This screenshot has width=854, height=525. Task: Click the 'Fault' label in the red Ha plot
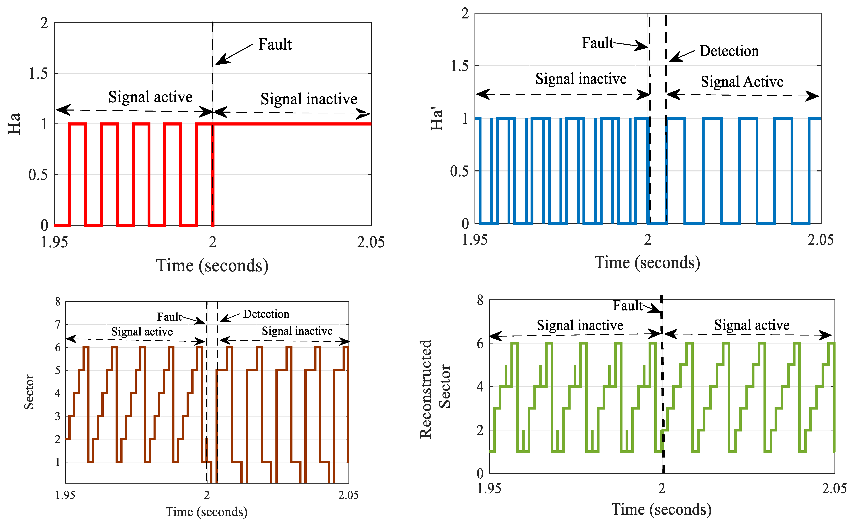point(275,45)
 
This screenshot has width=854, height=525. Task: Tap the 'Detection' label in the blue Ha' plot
point(729,51)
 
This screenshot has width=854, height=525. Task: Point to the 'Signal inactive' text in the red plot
point(309,99)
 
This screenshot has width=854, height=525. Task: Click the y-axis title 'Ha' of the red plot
point(14,124)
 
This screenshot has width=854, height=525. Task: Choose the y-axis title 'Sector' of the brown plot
point(29,392)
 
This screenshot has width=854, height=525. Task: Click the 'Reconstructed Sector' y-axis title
point(435,389)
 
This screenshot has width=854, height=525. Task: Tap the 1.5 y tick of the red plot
point(38,74)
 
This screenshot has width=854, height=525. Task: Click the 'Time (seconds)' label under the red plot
point(212,266)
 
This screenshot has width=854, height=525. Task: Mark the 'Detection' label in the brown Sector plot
point(266,314)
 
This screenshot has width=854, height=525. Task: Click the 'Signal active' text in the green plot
point(752,325)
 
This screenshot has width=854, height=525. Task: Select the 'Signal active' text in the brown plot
point(142,332)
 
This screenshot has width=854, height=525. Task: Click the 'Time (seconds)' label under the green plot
point(661,509)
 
